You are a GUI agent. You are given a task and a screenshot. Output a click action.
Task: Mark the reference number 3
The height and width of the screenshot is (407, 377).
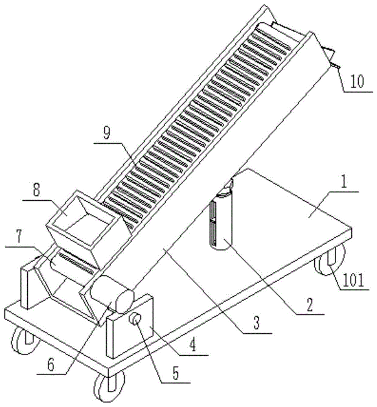[256, 324]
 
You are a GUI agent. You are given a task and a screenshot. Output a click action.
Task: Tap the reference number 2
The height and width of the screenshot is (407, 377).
[309, 304]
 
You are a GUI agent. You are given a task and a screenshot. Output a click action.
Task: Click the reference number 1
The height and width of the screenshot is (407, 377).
[344, 182]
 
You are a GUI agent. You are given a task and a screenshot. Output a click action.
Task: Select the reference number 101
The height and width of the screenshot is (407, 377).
[353, 280]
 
